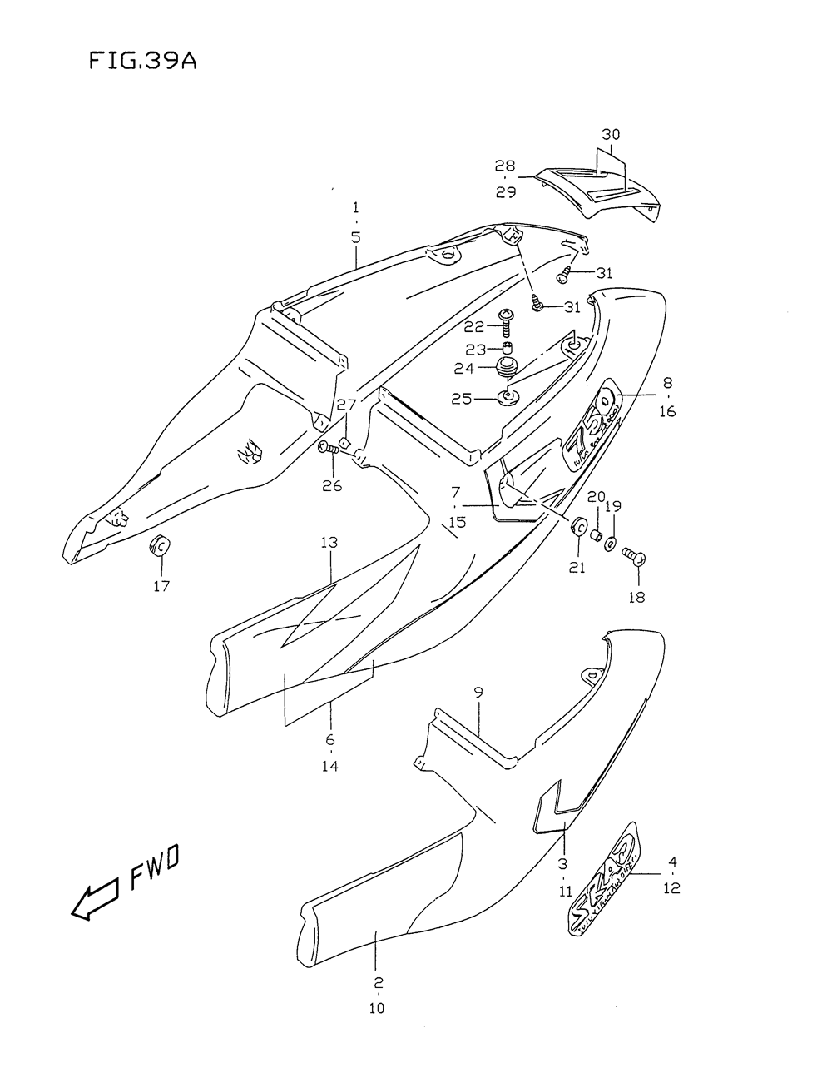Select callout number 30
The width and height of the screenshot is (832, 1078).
click(611, 135)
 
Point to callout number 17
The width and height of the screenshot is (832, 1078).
click(161, 586)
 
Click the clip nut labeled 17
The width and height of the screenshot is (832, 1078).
click(158, 546)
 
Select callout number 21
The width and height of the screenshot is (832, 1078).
click(577, 568)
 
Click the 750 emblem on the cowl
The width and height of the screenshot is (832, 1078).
click(592, 433)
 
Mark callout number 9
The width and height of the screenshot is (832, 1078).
click(478, 692)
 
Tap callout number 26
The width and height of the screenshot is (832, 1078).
click(332, 485)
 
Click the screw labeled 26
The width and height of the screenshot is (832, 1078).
click(329, 449)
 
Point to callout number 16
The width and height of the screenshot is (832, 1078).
click(668, 411)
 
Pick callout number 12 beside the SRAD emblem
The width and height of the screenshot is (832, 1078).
click(671, 888)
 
